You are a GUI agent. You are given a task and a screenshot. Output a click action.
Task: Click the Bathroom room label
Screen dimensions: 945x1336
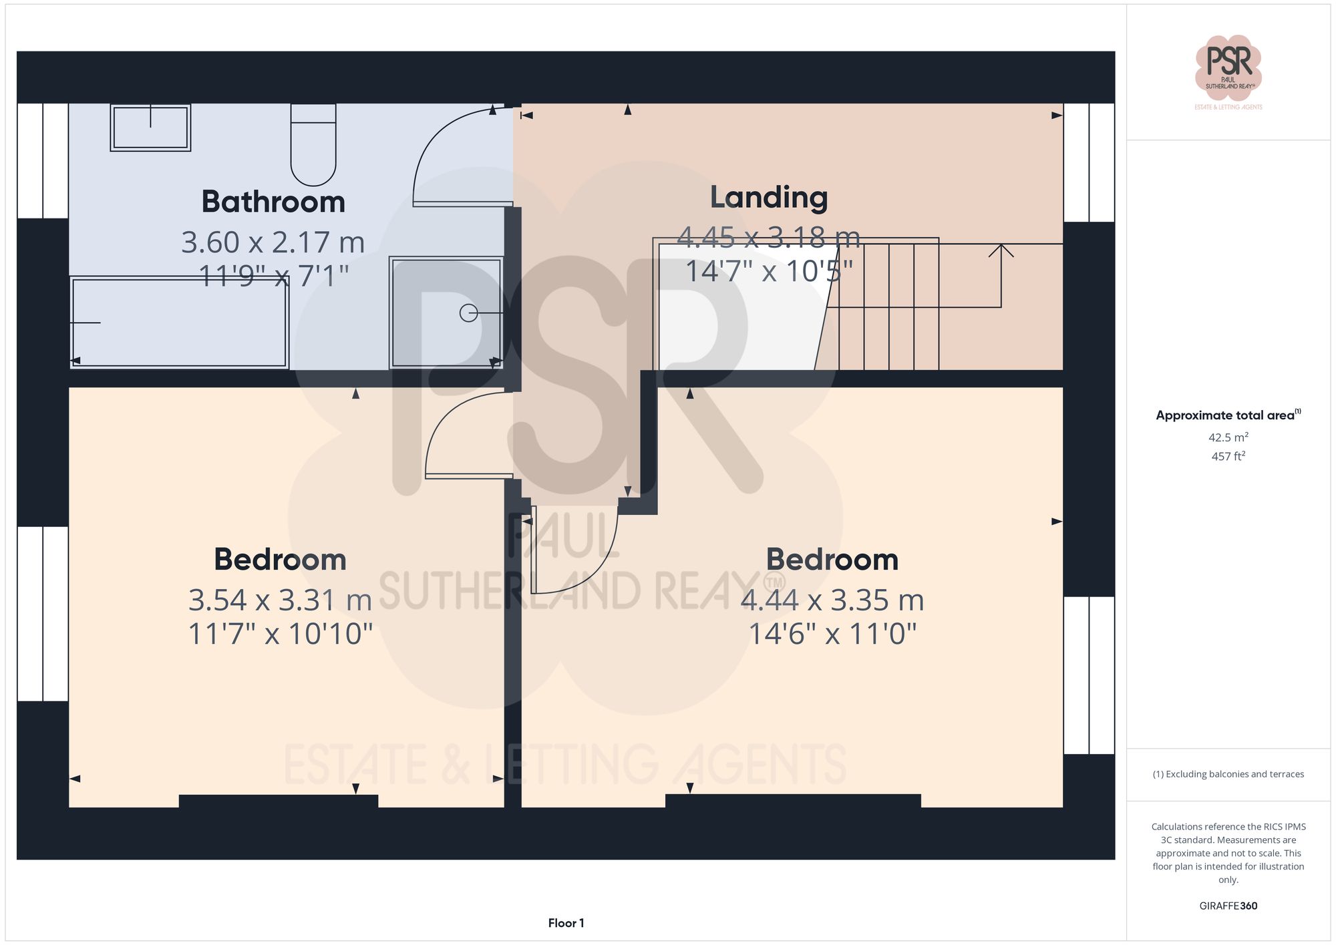[273, 202]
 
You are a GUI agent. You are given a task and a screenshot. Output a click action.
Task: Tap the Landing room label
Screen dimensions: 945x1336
[768, 197]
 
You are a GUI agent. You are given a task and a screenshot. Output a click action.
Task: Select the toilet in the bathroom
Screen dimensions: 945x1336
[313, 145]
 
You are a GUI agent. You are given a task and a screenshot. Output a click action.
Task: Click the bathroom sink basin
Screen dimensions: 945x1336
[150, 128]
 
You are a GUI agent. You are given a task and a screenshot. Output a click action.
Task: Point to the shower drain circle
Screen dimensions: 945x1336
[468, 313]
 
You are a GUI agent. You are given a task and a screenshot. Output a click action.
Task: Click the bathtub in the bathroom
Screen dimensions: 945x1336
[179, 323]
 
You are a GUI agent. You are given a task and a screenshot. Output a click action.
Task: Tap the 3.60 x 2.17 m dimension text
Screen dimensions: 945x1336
[273, 242]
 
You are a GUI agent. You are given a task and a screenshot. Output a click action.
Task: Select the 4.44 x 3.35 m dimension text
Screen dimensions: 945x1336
[832, 600]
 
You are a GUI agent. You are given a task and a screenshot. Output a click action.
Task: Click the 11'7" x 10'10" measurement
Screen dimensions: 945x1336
[280, 633]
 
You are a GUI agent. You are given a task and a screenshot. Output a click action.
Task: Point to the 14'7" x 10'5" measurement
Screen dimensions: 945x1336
[769, 271]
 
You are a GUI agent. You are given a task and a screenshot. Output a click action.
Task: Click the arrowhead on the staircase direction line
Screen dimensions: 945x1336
[1001, 250]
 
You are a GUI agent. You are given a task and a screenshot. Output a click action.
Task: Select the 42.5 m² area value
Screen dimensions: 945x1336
[1228, 437]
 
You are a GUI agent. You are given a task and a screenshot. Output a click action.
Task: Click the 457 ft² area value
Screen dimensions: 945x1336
[1228, 456]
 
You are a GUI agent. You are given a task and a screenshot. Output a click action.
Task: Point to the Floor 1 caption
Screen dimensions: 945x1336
[566, 923]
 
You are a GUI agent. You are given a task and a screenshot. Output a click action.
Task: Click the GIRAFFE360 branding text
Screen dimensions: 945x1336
[1228, 906]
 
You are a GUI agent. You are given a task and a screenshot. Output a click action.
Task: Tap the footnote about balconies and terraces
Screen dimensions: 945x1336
[1228, 774]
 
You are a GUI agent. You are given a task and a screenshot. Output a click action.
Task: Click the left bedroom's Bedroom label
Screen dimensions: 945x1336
[280, 560]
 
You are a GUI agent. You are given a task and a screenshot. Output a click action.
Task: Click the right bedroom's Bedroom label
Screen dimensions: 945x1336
[832, 560]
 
